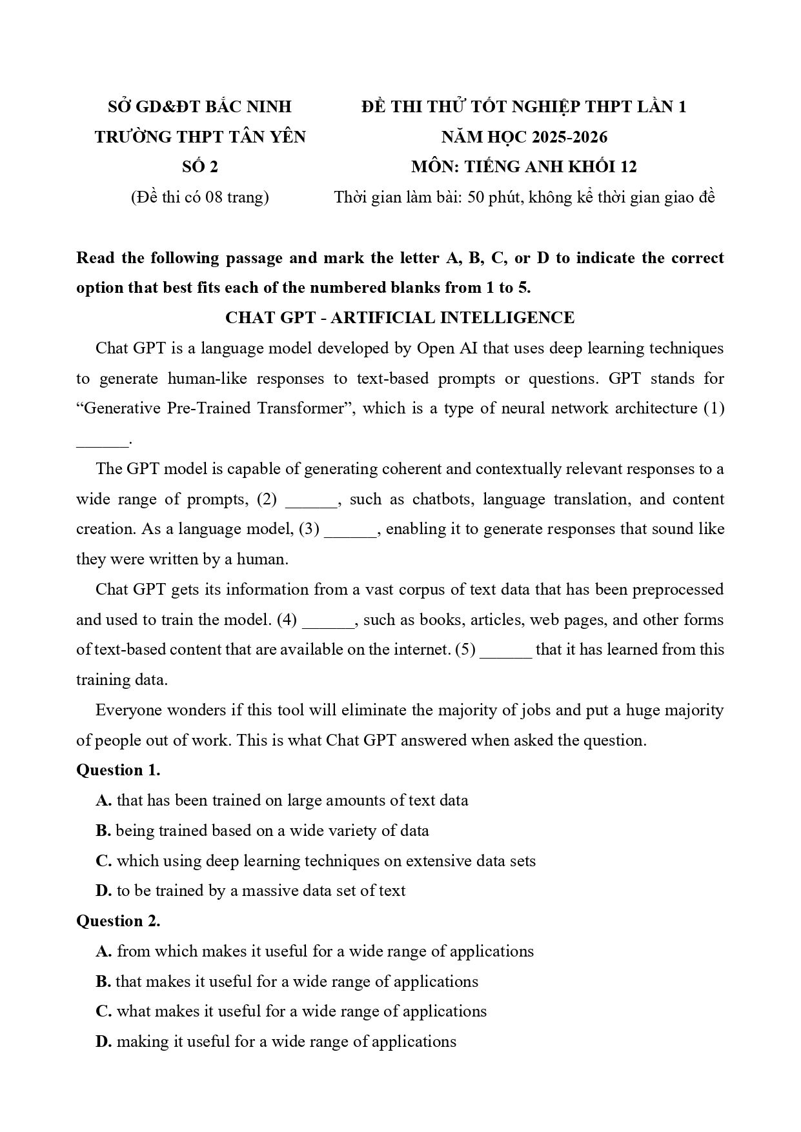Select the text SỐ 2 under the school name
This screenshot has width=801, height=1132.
coord(200,167)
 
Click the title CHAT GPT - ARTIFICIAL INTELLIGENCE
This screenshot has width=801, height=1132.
coord(400,318)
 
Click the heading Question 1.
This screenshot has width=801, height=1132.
coord(118,770)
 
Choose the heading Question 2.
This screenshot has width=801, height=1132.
coord(118,921)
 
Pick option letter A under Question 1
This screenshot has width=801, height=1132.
coord(104,800)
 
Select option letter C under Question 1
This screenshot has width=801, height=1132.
coord(104,861)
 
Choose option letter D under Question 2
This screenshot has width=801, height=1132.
coord(104,1042)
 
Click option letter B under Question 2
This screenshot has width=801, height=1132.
coord(103,982)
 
